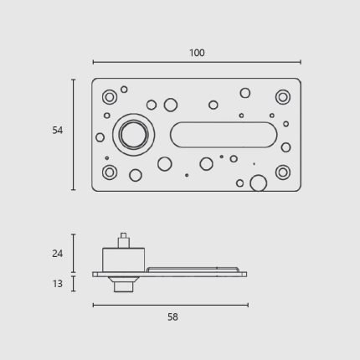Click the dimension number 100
197,53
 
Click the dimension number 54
58,131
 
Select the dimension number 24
58,254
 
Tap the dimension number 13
58,284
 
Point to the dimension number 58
172,317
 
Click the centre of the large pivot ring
134,135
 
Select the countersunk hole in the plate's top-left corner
110,97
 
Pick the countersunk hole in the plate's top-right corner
283,97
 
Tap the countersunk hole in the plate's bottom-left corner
110,172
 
